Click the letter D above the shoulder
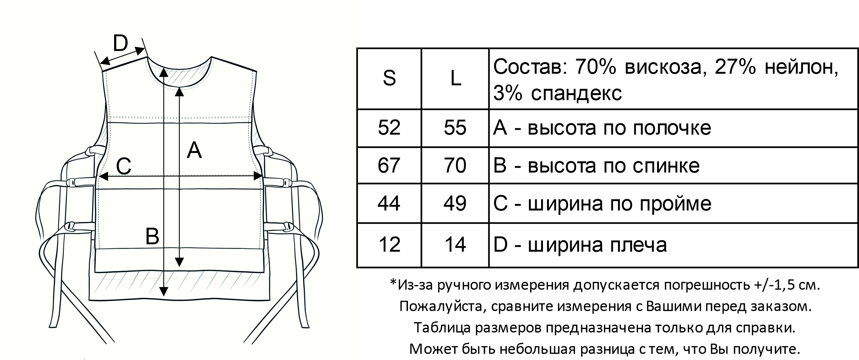click(x=120, y=43)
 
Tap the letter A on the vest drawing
click(x=194, y=150)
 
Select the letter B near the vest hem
click(x=153, y=236)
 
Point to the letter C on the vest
click(x=124, y=166)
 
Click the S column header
click(x=389, y=78)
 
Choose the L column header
click(x=455, y=79)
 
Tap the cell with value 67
click(x=389, y=165)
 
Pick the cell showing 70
click(x=455, y=165)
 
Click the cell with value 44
click(x=389, y=203)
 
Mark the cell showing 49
click(x=455, y=203)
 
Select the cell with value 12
click(x=389, y=245)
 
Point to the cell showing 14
click(x=455, y=245)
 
